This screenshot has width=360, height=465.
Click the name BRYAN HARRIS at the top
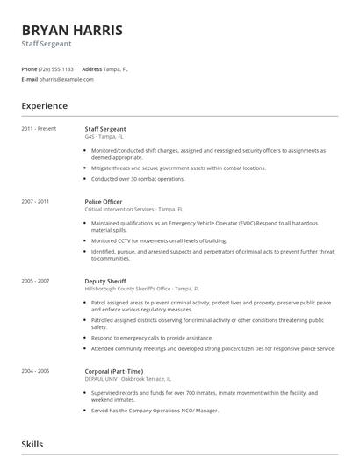click(x=72, y=31)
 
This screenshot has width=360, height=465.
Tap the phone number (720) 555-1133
click(x=57, y=68)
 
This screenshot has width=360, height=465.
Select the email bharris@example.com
click(x=66, y=79)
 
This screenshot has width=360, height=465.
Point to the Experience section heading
click(x=44, y=106)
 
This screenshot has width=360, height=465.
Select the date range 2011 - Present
click(x=39, y=129)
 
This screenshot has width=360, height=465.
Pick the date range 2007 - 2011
click(x=35, y=201)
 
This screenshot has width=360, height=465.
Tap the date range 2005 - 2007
click(x=35, y=281)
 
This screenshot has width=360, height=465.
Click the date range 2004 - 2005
click(x=35, y=371)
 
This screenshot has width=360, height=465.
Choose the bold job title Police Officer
click(x=104, y=201)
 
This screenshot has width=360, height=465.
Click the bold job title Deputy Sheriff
click(x=105, y=281)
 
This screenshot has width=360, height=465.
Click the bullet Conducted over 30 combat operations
click(x=138, y=178)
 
